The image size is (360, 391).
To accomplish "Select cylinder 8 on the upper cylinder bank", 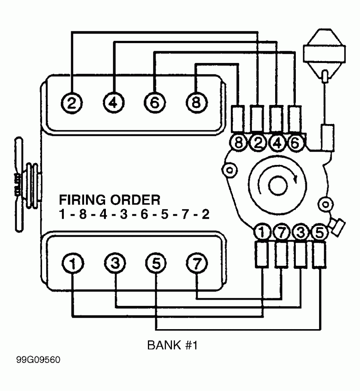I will (196, 102).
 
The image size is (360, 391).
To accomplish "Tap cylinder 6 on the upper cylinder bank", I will (154, 102).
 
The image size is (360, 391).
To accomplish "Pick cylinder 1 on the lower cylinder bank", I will (72, 263).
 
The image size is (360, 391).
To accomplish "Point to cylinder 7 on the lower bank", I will (196, 263).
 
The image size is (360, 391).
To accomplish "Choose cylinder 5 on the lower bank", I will (155, 263).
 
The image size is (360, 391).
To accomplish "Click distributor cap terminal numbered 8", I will (238, 143).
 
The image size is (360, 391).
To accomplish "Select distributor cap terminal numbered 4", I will (276, 143).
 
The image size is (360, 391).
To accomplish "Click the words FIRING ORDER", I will (109, 200).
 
